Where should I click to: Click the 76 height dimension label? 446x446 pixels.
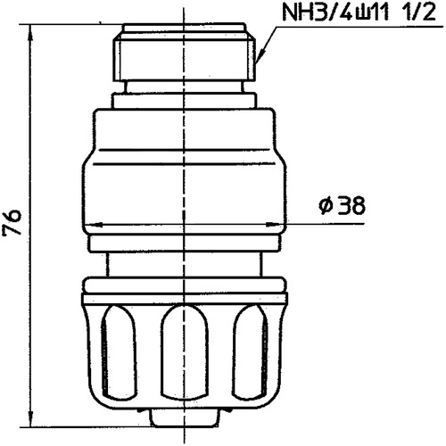tap(12, 222)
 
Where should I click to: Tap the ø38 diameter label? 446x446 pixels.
tap(342, 205)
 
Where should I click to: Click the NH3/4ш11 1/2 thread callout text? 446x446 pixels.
tap(359, 12)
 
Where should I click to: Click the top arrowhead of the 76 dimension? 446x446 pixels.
tap(30, 33)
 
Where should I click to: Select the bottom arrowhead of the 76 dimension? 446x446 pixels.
tap(30, 418)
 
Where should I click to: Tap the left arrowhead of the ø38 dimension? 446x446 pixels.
tap(92, 224)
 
